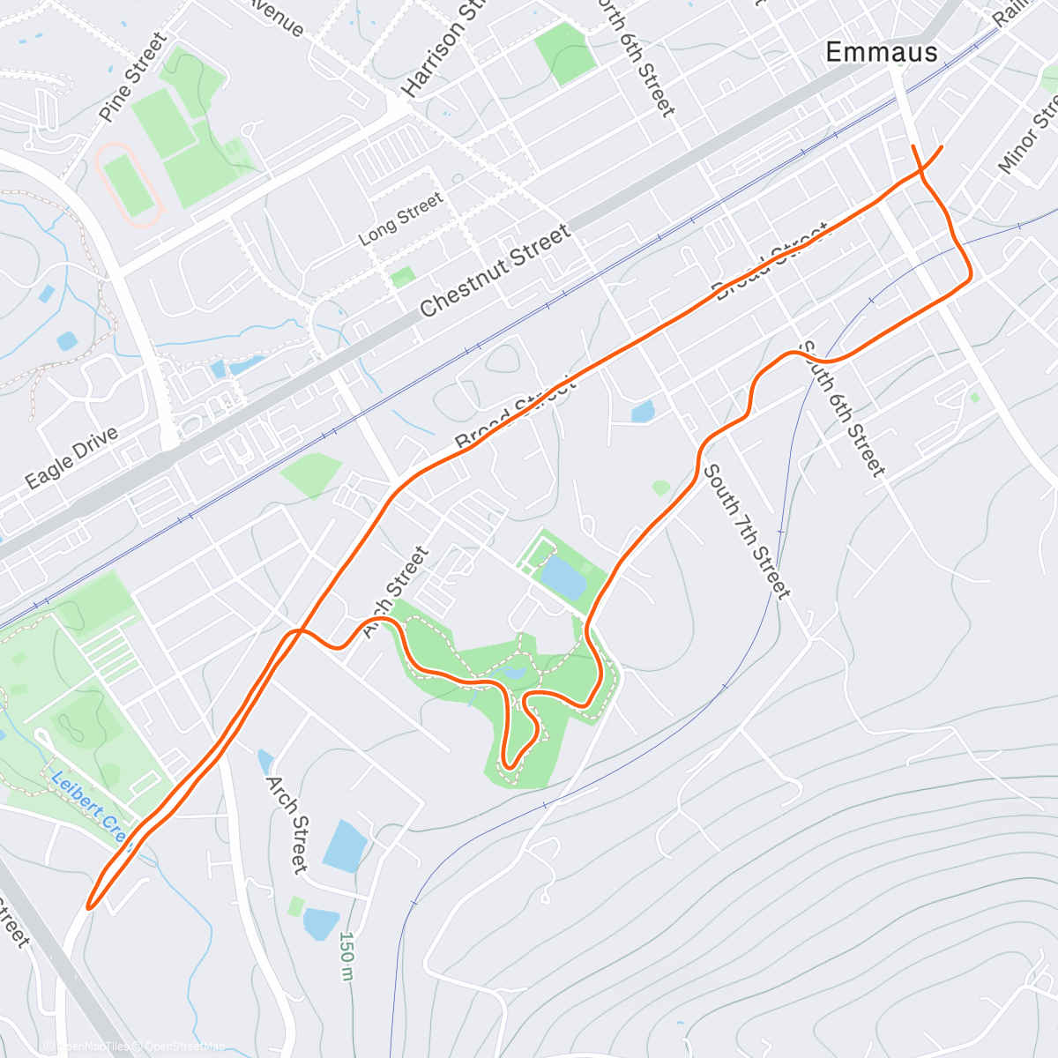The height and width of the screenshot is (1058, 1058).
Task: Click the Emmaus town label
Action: pyautogui.click(x=881, y=53)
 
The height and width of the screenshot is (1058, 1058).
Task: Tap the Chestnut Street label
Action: pyautogui.click(x=495, y=271)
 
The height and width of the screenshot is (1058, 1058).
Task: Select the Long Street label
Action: pyautogui.click(x=401, y=220)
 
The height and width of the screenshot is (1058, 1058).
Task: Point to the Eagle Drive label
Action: pyautogui.click(x=71, y=458)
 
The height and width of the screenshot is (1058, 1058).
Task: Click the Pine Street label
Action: pyautogui.click(x=132, y=77)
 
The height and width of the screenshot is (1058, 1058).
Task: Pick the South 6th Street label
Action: pyautogui.click(x=841, y=409)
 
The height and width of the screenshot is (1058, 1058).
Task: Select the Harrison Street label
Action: pyautogui.click(x=445, y=49)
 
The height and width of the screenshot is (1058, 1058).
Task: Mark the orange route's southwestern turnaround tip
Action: pyautogui.click(x=89, y=905)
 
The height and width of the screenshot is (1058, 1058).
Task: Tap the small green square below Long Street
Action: pyautogui.click(x=403, y=278)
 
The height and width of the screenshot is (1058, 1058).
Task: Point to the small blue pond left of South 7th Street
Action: pyautogui.click(x=643, y=411)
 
